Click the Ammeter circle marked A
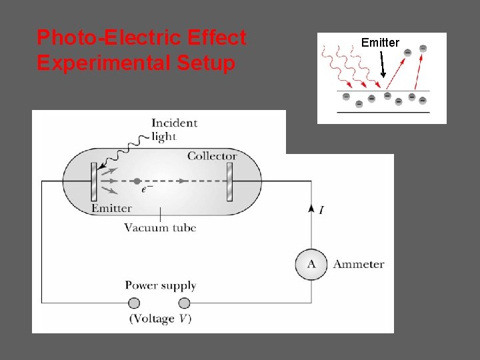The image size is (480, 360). click(311, 264)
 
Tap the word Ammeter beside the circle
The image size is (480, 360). click(359, 264)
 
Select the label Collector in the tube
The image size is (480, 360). click(212, 156)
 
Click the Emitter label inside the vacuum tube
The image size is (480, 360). click(111, 208)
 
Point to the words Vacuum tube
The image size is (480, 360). click(160, 227)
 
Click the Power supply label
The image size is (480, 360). click(160, 285)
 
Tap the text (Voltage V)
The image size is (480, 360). click(160, 319)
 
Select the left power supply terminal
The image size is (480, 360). click(134, 303)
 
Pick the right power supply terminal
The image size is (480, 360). click(185, 303)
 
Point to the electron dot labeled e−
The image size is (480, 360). click(137, 181)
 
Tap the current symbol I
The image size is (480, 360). click(322, 211)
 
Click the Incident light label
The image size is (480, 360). click(174, 129)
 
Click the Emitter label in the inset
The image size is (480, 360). click(380, 43)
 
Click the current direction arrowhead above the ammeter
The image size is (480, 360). click(311, 208)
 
